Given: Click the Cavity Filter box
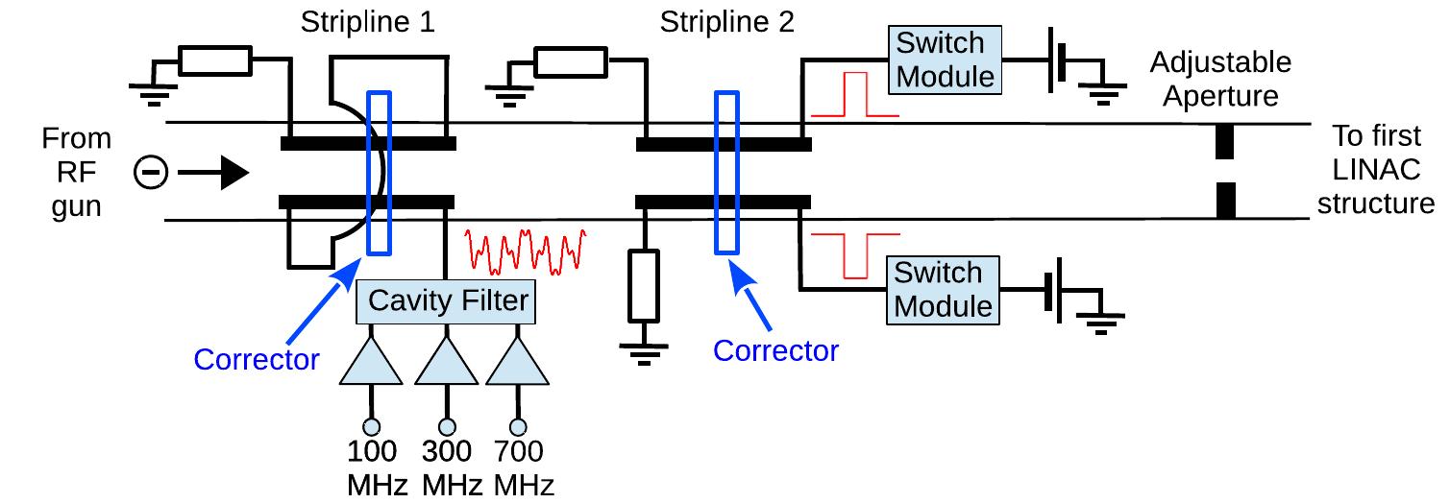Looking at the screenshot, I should (445, 300).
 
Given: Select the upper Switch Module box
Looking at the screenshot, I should (940, 60).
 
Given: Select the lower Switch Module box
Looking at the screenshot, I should (940, 289).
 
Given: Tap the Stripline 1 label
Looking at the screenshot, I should (369, 22).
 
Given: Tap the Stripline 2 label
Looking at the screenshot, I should (726, 22).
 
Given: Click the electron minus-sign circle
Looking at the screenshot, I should (152, 174).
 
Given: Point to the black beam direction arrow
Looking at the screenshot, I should (213, 174).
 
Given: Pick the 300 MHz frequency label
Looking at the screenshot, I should (446, 467).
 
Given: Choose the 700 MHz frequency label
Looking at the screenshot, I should (520, 467).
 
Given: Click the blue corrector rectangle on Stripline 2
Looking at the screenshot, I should (726, 173).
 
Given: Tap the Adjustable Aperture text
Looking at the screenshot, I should (1220, 80).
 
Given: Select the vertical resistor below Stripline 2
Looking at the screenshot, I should (643, 285).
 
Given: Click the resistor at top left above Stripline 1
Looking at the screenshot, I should (215, 61).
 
